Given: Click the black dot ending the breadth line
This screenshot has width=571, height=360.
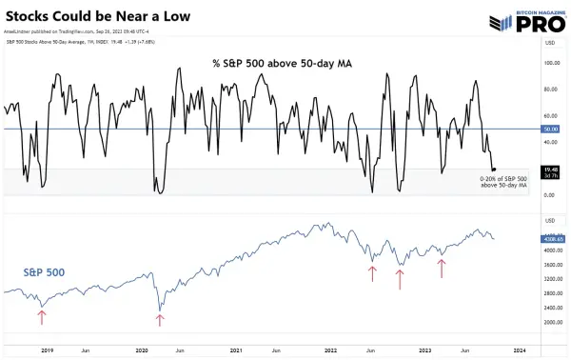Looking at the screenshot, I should tap(493, 169).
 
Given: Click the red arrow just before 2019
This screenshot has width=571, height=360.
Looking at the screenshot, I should tap(41, 317).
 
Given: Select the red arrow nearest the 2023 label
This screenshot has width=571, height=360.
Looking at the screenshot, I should tap(442, 268).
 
